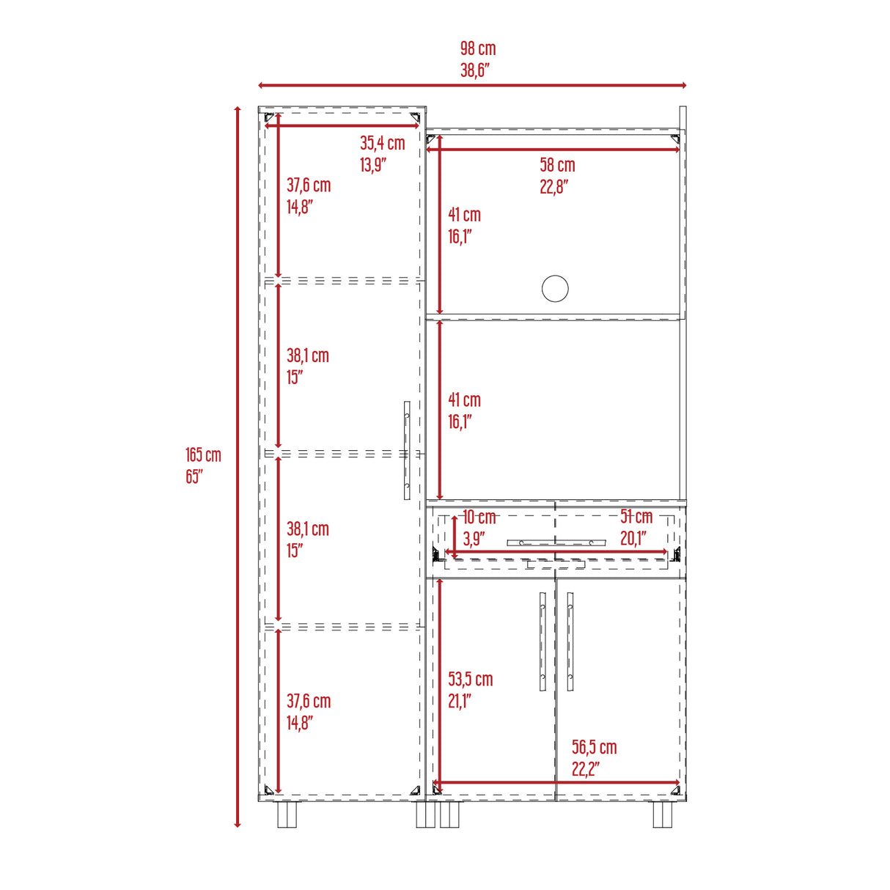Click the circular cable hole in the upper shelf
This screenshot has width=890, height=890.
tap(555, 288)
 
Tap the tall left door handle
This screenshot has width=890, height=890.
tap(407, 450)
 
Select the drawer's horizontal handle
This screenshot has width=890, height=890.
tap(556, 543)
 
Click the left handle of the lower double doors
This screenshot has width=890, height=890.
tap(543, 641)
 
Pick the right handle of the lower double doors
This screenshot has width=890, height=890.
tap(570, 641)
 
